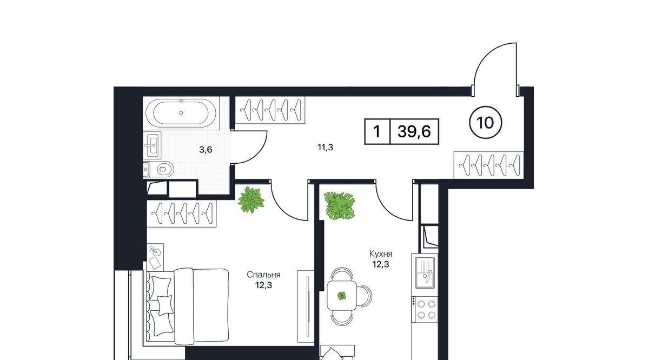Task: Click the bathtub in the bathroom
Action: pos(181,112)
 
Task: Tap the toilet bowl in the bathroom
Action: pos(165,169)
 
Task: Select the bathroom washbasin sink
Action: pos(152,145)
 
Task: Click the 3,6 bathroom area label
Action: pos(206,150)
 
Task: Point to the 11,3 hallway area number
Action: pos(326,148)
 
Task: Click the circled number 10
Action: pos(485,123)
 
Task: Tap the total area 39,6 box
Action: pos(414,131)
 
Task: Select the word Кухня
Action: pos(381,254)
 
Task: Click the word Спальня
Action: pos(264,275)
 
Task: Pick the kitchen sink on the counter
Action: pos(425,272)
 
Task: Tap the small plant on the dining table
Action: pos(342,296)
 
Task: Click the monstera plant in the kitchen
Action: pos(339,206)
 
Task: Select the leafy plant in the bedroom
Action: pos(251,200)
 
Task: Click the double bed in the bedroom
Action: pos(188,306)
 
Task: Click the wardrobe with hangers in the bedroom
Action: pos(182,213)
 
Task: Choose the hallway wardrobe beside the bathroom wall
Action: pos(270,110)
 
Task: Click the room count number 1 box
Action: pos(378,131)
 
